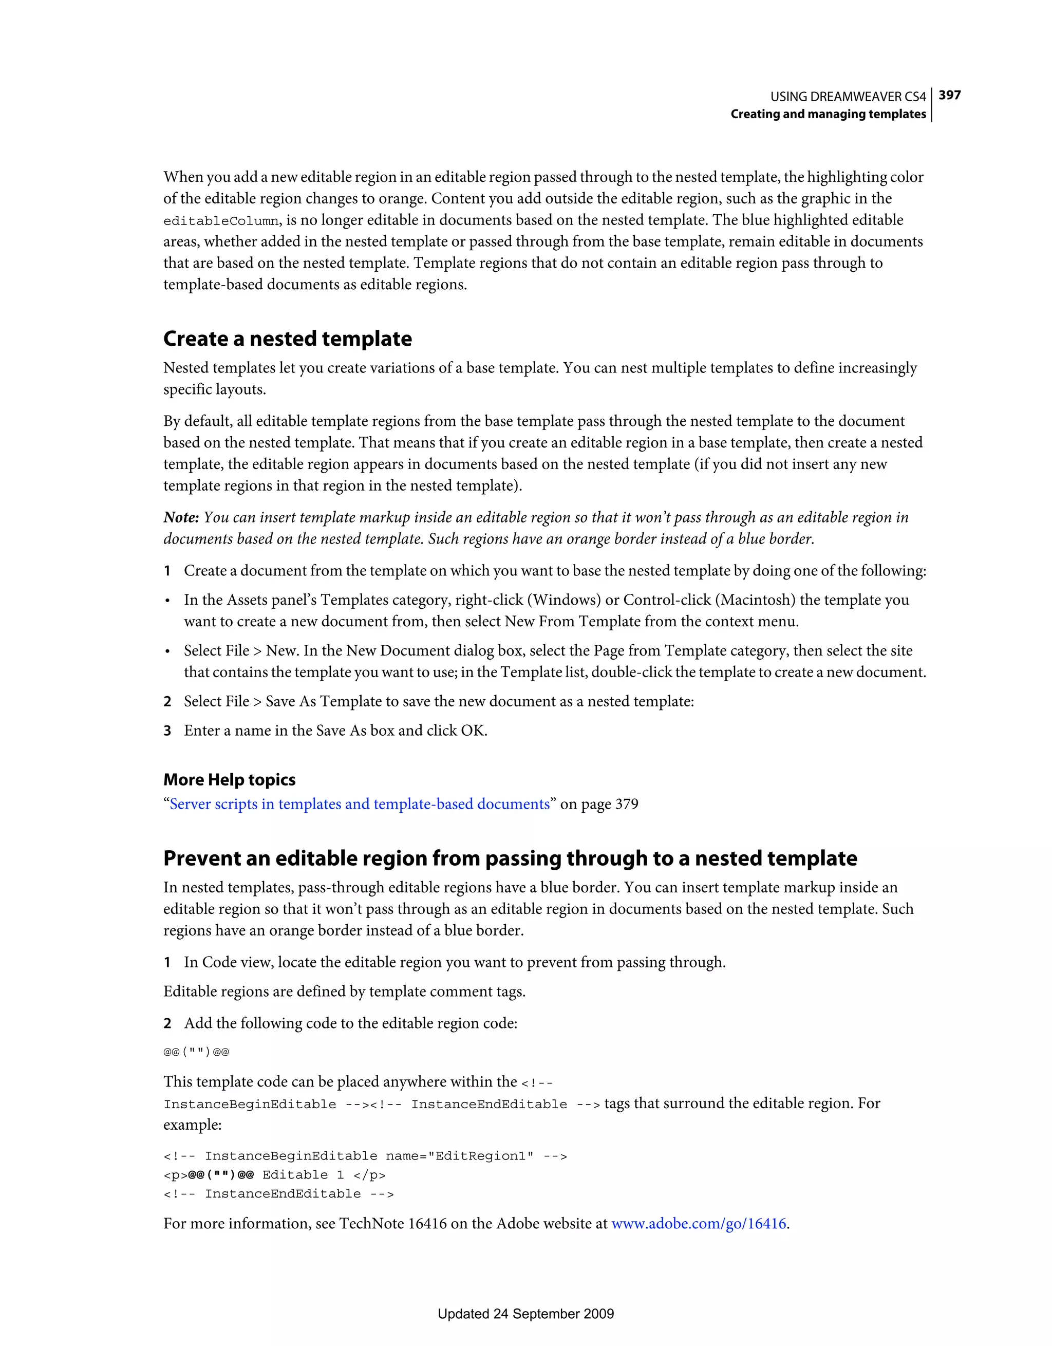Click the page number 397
pyautogui.click(x=949, y=95)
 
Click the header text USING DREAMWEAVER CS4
pyautogui.click(x=848, y=97)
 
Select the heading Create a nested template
pyautogui.click(x=287, y=339)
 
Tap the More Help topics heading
pyautogui.click(x=229, y=780)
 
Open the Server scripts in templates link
pyautogui.click(x=359, y=805)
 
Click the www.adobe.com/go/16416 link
pyautogui.click(x=698, y=1223)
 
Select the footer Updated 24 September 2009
pyautogui.click(x=525, y=1313)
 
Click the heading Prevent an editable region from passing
pyautogui.click(x=510, y=858)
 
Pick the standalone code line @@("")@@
pyautogui.click(x=196, y=1052)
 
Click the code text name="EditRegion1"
pyautogui.click(x=459, y=1156)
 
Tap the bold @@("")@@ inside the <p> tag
pyautogui.click(x=221, y=1175)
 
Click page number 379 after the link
pyautogui.click(x=626, y=805)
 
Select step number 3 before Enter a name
pyautogui.click(x=167, y=731)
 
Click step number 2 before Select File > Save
pyautogui.click(x=167, y=701)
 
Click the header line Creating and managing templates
pyautogui.click(x=828, y=114)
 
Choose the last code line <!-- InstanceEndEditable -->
pyautogui.click(x=278, y=1194)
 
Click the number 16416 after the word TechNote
pyautogui.click(x=427, y=1223)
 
